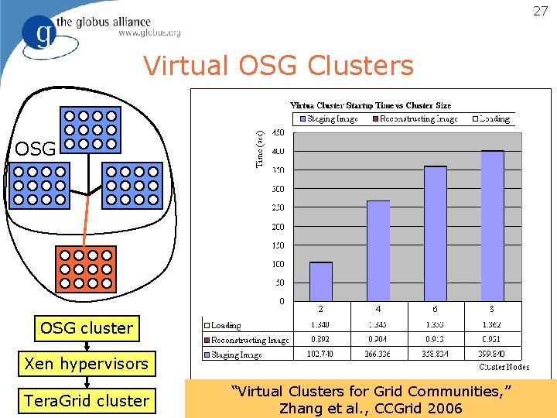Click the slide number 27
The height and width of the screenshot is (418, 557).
(x=541, y=11)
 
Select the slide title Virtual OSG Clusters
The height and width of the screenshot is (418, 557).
(x=278, y=67)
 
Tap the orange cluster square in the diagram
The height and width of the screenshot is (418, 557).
(x=87, y=268)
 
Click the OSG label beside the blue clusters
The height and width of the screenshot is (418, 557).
(x=35, y=149)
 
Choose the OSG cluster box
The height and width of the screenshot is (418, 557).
(x=86, y=327)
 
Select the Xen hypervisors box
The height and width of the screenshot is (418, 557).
(x=86, y=364)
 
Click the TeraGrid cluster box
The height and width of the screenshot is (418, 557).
(x=86, y=400)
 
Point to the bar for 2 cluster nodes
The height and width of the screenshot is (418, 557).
(x=321, y=282)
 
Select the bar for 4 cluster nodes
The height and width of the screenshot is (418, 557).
(x=378, y=251)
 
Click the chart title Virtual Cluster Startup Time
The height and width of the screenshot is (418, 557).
(x=371, y=105)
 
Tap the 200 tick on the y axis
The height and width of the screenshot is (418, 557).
(x=276, y=227)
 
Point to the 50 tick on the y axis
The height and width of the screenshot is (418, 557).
(x=278, y=283)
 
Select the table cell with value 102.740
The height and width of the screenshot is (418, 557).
(x=321, y=355)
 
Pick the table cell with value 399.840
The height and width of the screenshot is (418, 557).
(x=492, y=355)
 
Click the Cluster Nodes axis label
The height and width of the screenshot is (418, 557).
(x=504, y=366)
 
